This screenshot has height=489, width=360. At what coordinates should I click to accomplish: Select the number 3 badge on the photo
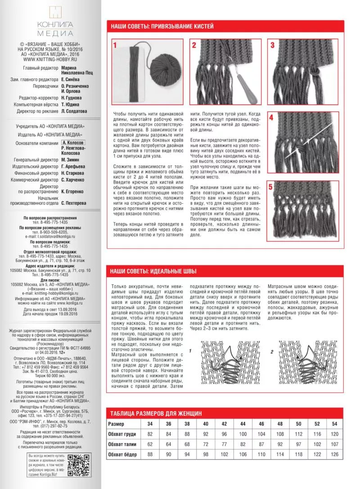272,45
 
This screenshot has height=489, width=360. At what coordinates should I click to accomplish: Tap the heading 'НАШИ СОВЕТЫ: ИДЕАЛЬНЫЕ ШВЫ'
153,271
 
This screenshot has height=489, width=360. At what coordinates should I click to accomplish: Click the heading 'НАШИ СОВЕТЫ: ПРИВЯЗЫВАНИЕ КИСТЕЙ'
162,27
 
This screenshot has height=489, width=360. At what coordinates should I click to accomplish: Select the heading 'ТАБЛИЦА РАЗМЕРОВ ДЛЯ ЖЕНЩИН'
157,413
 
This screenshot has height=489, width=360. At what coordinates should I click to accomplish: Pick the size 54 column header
334,424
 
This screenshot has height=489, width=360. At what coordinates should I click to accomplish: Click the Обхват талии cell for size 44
243,444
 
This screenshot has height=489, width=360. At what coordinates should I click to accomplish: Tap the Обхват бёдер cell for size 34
150,455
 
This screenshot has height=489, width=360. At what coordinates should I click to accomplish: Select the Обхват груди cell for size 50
298,434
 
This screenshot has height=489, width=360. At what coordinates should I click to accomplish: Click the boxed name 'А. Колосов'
72,142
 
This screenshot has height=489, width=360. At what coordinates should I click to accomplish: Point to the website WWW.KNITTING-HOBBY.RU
49,59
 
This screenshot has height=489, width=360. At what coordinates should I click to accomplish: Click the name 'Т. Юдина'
71,104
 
